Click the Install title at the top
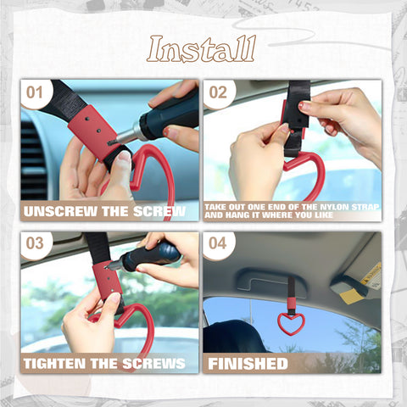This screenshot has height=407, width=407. pos(201,49)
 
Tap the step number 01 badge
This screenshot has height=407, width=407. pos(34,92)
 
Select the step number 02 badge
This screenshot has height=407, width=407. pos(218,92)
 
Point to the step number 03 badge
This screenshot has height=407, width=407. pos(34,243)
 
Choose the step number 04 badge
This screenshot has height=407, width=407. pos(218,243)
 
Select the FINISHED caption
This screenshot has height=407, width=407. pos(248,363)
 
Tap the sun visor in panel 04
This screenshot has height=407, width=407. pos(356,276)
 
